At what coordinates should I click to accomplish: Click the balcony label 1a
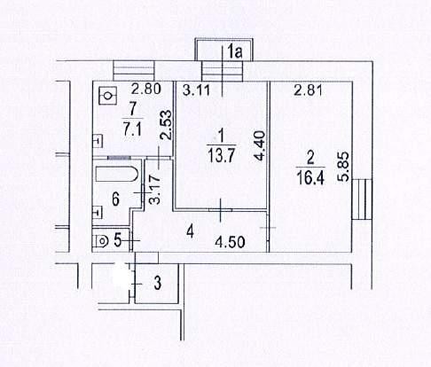coord(236,51)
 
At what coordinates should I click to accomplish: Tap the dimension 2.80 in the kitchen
coord(146,89)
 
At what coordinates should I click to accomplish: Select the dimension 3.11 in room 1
coord(196,90)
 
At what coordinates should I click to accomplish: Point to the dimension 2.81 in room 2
coord(308,90)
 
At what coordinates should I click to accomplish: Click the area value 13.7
coord(222,155)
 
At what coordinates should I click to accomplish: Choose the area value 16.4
coord(310,177)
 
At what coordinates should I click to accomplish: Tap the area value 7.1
coord(133,129)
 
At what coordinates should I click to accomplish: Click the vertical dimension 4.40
coord(260,146)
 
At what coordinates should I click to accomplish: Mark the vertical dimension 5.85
coord(345,166)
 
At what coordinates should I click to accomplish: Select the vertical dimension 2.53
coord(166,125)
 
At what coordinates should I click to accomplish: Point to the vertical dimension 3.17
coord(154,190)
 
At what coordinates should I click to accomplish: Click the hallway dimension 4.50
coord(230,242)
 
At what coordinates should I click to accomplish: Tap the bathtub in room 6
coord(117,175)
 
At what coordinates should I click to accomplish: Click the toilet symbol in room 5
coord(100,241)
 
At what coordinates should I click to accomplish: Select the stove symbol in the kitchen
coord(108,96)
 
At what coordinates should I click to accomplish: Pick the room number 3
coord(158,283)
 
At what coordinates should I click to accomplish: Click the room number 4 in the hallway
coord(190,231)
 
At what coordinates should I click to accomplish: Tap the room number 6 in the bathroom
coord(115,199)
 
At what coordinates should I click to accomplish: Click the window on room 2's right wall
coord(362,199)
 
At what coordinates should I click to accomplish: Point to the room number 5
coord(118,240)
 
